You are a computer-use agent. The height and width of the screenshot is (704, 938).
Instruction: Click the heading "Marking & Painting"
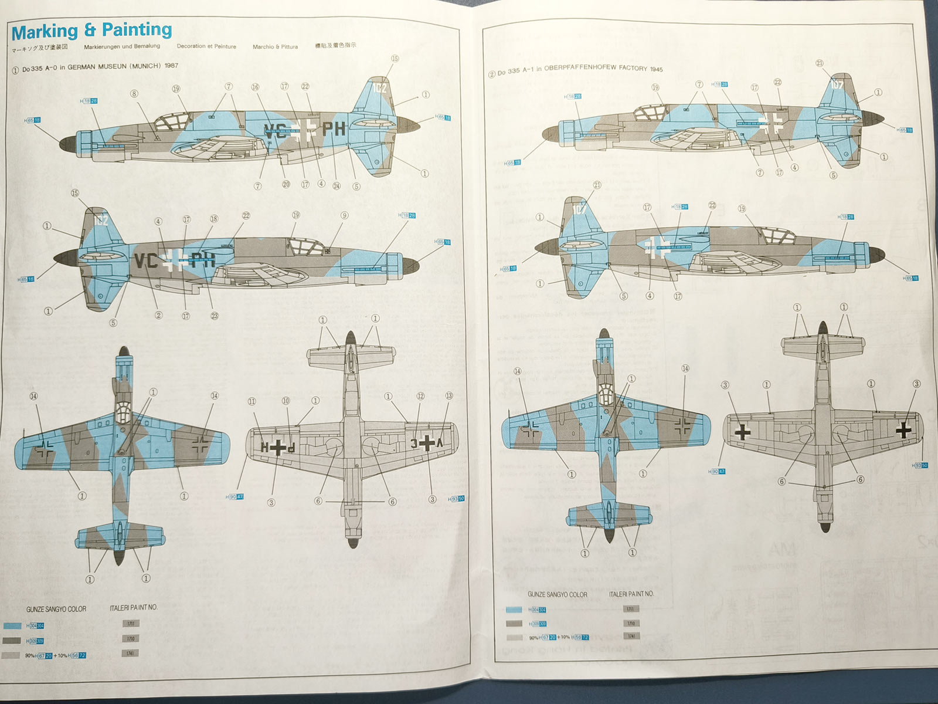(91, 31)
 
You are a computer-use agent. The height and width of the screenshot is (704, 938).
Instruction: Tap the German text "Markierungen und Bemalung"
(122, 46)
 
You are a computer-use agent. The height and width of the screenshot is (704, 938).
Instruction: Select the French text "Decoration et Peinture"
(206, 46)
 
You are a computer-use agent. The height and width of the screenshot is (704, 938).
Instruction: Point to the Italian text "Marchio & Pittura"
(275, 47)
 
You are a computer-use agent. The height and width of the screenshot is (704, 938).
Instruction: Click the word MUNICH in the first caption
(146, 66)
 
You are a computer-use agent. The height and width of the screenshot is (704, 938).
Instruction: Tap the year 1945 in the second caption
(656, 69)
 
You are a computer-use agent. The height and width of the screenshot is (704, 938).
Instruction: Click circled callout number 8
(134, 93)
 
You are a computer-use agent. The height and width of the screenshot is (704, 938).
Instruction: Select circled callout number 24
(337, 186)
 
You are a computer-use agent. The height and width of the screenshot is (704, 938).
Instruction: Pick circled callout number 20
(286, 184)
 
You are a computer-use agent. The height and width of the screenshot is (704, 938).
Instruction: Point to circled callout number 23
(215, 316)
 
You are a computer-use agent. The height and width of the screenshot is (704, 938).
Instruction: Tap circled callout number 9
(344, 215)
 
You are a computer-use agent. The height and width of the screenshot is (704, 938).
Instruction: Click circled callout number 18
(214, 219)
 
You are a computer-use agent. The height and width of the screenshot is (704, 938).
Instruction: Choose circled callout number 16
(255, 87)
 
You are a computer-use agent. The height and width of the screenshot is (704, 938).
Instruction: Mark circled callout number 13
(449, 395)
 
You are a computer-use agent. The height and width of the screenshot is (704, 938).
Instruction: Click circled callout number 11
(252, 402)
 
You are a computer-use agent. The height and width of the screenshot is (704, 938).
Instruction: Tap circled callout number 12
(420, 396)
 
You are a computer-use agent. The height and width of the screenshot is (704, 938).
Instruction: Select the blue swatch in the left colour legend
(12, 626)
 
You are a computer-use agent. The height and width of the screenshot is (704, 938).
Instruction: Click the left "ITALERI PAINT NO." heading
(134, 607)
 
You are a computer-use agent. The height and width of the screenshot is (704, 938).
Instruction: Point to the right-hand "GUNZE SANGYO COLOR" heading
(557, 594)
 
